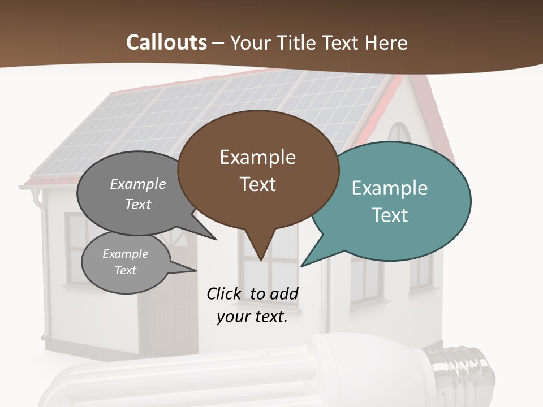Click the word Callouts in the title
click(166, 42)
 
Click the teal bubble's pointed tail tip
click(301, 266)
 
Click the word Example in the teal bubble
click(390, 188)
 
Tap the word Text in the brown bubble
click(258, 184)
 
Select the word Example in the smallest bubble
click(125, 254)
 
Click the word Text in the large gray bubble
click(138, 204)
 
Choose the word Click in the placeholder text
click(224, 293)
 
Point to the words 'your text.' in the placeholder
click(252, 317)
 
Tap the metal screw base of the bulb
click(464, 367)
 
